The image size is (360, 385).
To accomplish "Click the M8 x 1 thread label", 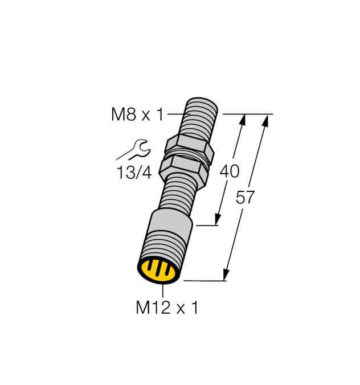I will click(x=137, y=115).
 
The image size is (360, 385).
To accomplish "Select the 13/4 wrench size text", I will click(x=134, y=173).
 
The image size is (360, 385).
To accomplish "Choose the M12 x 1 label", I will click(x=166, y=308).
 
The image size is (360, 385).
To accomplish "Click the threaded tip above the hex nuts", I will click(x=199, y=114).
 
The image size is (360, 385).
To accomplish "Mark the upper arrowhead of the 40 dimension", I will click(x=243, y=118).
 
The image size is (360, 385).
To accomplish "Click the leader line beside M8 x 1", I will click(x=175, y=115).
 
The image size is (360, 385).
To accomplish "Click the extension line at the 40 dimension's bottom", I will click(x=206, y=226).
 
